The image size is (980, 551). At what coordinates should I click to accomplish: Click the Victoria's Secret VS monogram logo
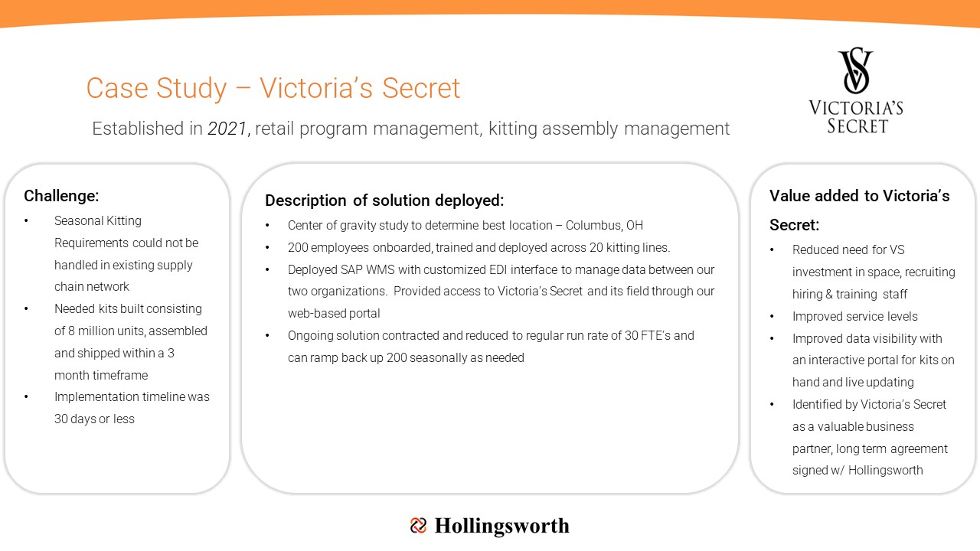[855, 70]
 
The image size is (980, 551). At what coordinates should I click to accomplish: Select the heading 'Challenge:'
[61, 196]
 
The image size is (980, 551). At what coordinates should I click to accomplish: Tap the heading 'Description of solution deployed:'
[384, 201]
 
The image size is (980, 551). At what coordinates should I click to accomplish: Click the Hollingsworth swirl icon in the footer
[418, 525]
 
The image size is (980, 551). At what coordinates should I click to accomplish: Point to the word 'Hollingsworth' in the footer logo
[501, 526]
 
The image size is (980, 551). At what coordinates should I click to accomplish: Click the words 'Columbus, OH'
[604, 225]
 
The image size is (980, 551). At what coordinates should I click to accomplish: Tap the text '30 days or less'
[94, 419]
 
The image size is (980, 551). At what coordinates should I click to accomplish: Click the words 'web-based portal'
[334, 314]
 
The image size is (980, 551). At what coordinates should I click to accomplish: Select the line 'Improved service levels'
[855, 316]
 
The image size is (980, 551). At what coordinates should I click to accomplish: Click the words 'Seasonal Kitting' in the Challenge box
[97, 221]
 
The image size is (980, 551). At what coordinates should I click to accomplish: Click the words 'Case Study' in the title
[156, 88]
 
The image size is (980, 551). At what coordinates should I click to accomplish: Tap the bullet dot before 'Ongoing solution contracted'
[267, 336]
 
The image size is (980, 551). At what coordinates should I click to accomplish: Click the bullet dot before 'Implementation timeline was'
[26, 396]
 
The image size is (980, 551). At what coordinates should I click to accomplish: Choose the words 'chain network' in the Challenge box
[91, 287]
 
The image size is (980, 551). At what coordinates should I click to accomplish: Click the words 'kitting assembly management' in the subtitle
[609, 129]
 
